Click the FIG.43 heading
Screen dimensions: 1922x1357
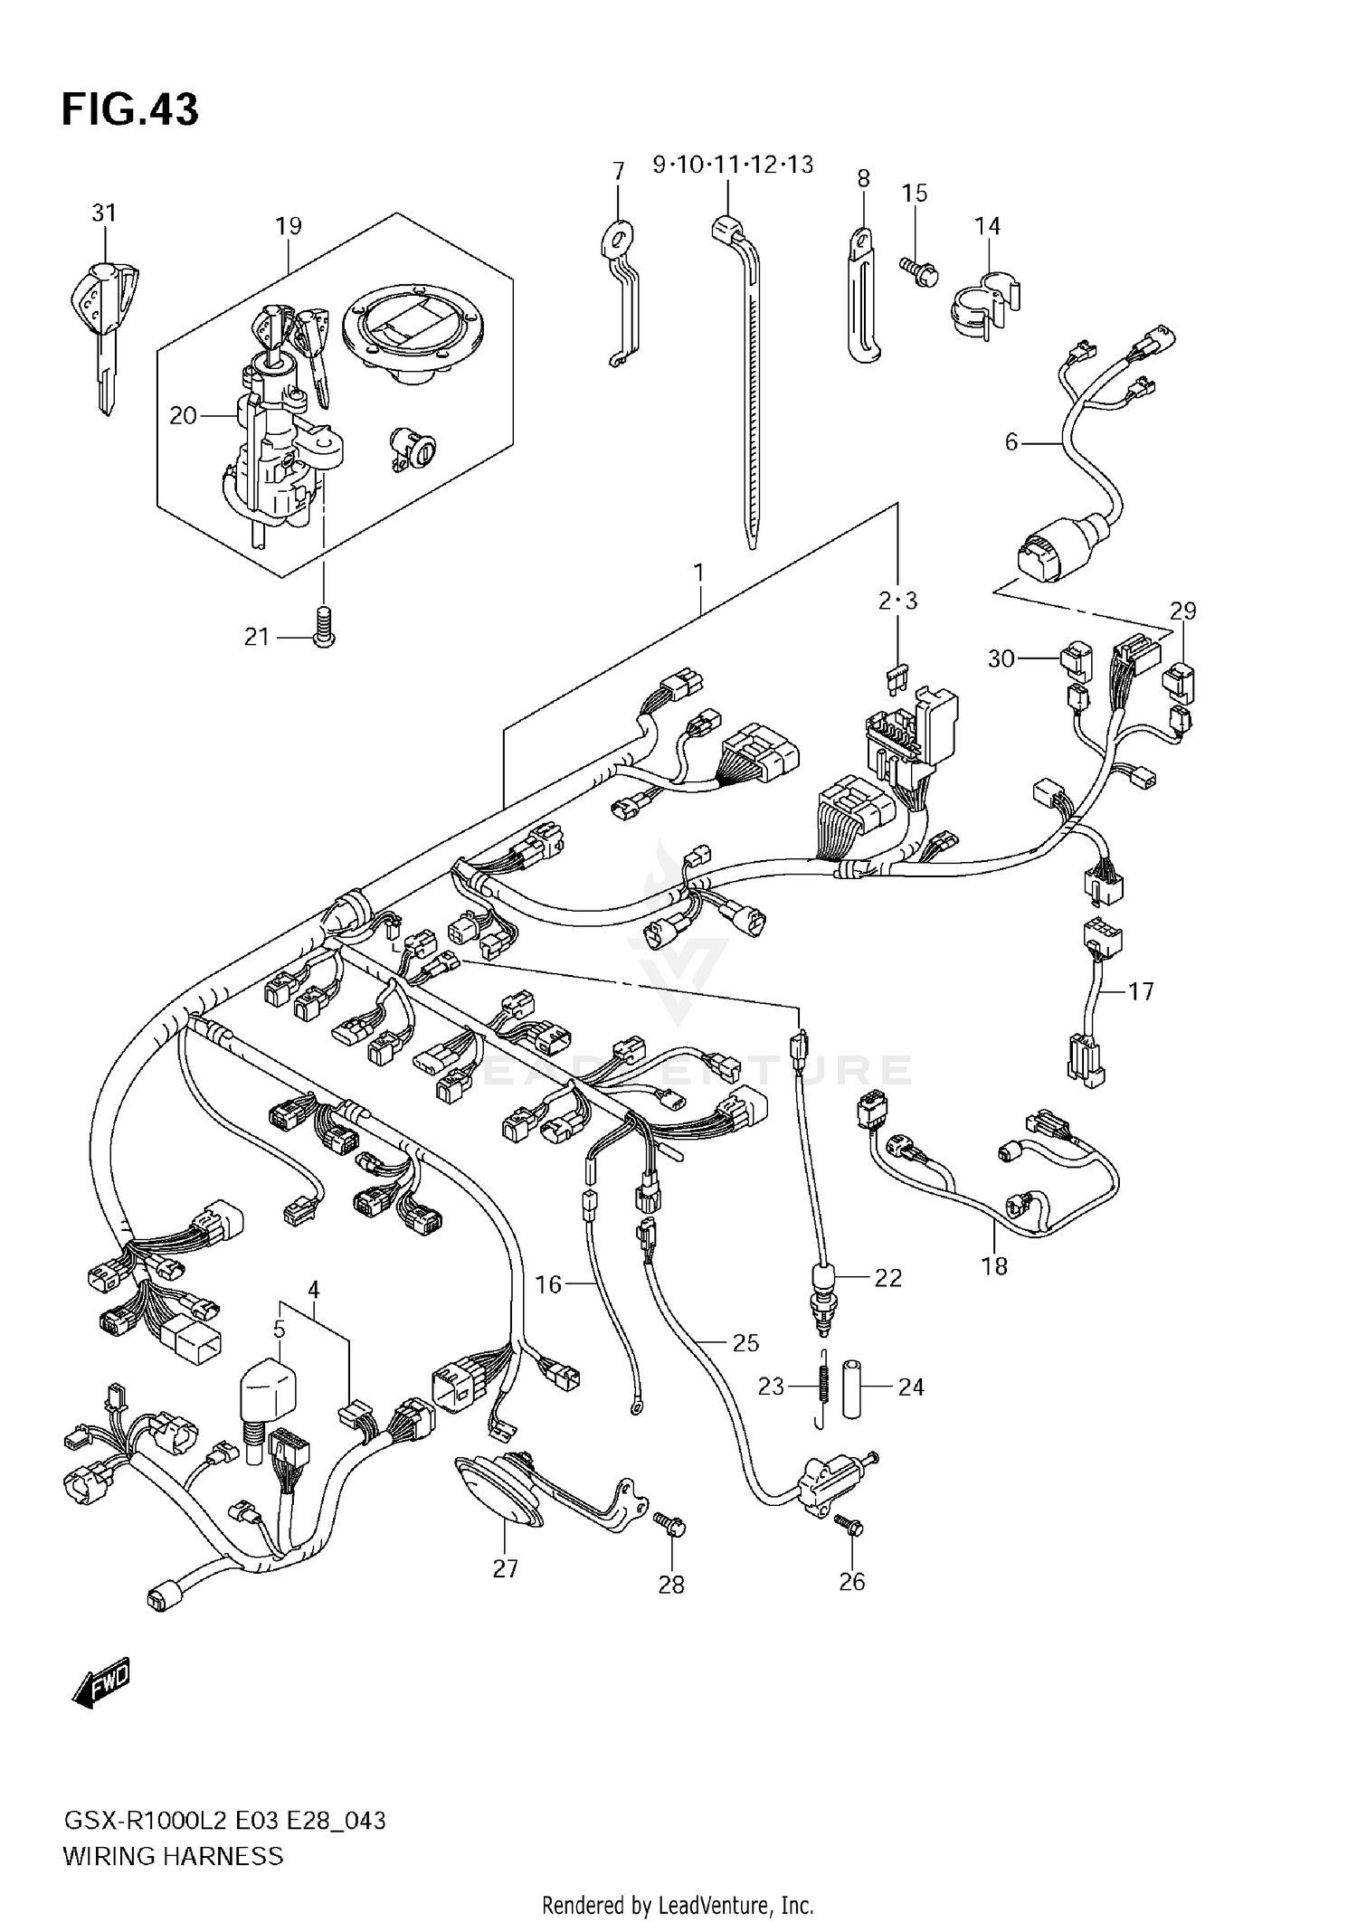click(130, 110)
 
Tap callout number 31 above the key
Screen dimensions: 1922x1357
click(104, 213)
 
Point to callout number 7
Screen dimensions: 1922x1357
click(619, 171)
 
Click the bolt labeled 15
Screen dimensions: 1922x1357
click(919, 269)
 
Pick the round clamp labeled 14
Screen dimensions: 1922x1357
click(982, 306)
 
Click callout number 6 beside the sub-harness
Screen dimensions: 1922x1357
click(1011, 442)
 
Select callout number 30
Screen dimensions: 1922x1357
click(1001, 659)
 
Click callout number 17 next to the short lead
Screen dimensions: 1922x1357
click(1142, 991)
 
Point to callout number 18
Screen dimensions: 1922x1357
click(994, 1265)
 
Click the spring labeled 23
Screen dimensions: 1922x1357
click(823, 1387)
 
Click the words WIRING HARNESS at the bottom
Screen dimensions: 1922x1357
click(173, 1857)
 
